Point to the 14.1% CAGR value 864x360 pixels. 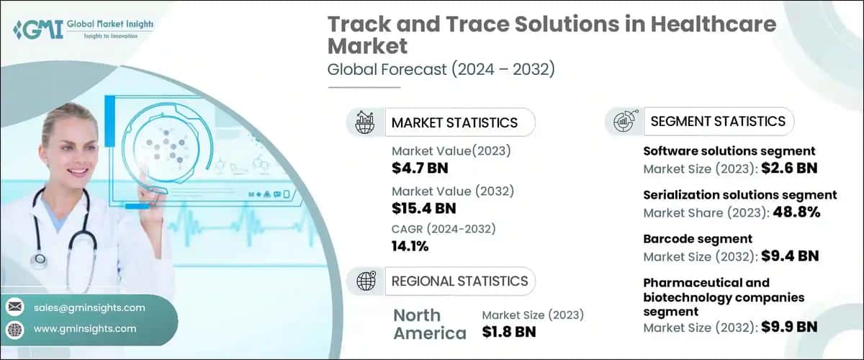coord(410,246)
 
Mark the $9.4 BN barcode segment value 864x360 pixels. coord(789,256)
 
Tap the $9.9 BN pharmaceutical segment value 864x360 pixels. coord(789,327)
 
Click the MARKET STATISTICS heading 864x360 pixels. coord(454,122)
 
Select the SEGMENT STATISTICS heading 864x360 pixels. coord(717,121)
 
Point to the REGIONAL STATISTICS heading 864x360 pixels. coord(459,281)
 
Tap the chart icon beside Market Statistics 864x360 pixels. coord(364,122)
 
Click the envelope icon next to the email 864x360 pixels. coord(14,307)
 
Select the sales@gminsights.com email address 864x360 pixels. coord(89,307)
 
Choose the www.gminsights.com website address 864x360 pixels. coord(85,328)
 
